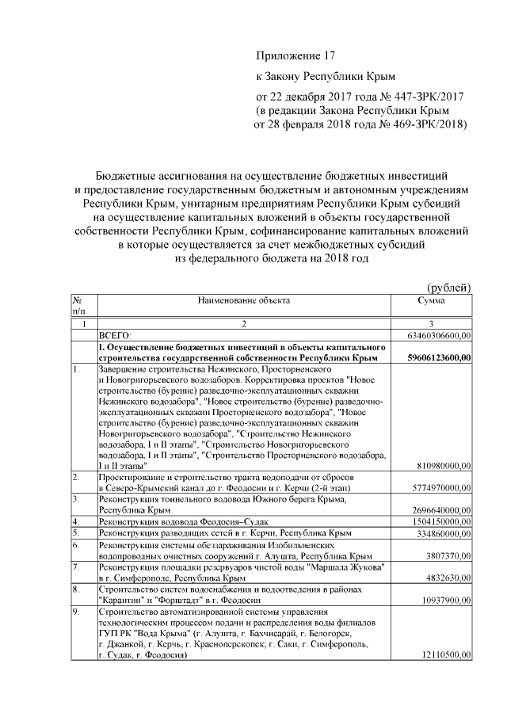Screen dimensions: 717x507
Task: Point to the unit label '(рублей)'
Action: tap(449, 287)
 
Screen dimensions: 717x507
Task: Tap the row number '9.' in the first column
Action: tap(76, 612)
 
